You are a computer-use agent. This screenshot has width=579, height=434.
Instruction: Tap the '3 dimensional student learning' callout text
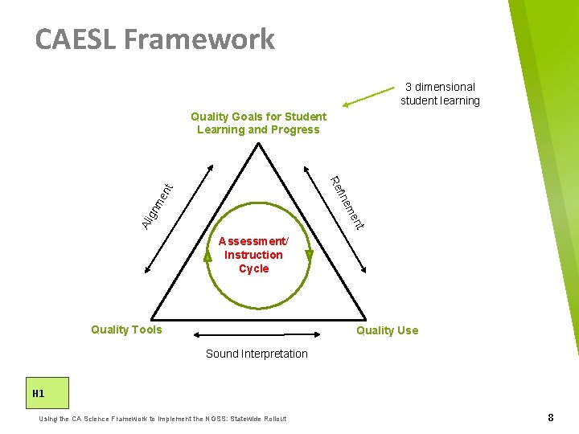pyautogui.click(x=440, y=93)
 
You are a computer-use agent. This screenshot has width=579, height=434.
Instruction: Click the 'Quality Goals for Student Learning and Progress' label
pyautogui.click(x=258, y=123)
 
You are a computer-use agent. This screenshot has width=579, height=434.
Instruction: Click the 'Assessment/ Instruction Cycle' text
pyautogui.click(x=253, y=255)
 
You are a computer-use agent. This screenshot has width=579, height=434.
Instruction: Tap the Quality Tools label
pyautogui.click(x=126, y=330)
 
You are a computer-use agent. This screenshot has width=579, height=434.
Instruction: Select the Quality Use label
pyautogui.click(x=387, y=330)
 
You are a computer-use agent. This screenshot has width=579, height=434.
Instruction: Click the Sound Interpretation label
pyautogui.click(x=257, y=354)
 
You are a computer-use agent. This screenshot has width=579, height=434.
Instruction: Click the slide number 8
pyautogui.click(x=550, y=417)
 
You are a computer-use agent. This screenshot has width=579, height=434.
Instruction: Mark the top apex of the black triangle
pyautogui.click(x=258, y=145)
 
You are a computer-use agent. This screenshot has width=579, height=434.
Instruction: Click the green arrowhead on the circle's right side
pyautogui.click(x=310, y=256)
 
